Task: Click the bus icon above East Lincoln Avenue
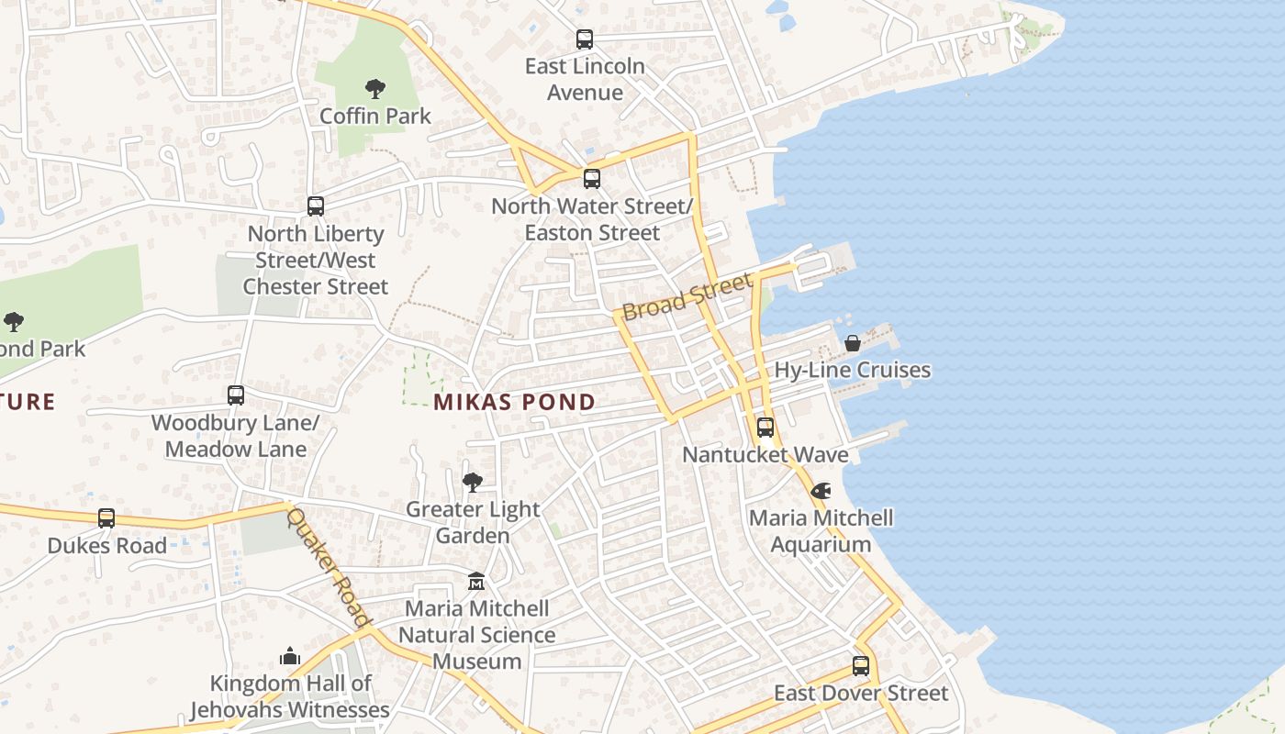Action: pyautogui.click(x=585, y=39)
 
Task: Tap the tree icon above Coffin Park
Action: pyautogui.click(x=374, y=89)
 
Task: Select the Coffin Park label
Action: pyautogui.click(x=374, y=117)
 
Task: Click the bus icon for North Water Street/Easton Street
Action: pyautogui.click(x=592, y=179)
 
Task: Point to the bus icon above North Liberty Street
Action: pyautogui.click(x=316, y=206)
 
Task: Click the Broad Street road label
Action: pyautogui.click(x=687, y=295)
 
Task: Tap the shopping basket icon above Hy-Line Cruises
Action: pyautogui.click(x=853, y=343)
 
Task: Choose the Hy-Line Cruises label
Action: pyautogui.click(x=853, y=371)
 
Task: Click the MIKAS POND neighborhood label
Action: pyautogui.click(x=514, y=402)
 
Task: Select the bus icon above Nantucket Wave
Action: pyautogui.click(x=765, y=428)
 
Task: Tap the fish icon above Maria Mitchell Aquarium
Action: pyautogui.click(x=821, y=491)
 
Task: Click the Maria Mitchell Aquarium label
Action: pyautogui.click(x=821, y=531)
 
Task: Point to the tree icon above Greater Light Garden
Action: pyautogui.click(x=473, y=482)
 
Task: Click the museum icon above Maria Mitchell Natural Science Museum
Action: pyautogui.click(x=476, y=582)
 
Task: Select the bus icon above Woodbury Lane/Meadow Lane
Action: pyautogui.click(x=236, y=395)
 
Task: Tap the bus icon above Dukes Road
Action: pyautogui.click(x=106, y=518)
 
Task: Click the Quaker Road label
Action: pyautogui.click(x=328, y=568)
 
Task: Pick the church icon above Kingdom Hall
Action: pyautogui.click(x=290, y=656)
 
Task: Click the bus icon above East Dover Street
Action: pyautogui.click(x=861, y=666)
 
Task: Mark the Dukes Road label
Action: pyautogui.click(x=107, y=546)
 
